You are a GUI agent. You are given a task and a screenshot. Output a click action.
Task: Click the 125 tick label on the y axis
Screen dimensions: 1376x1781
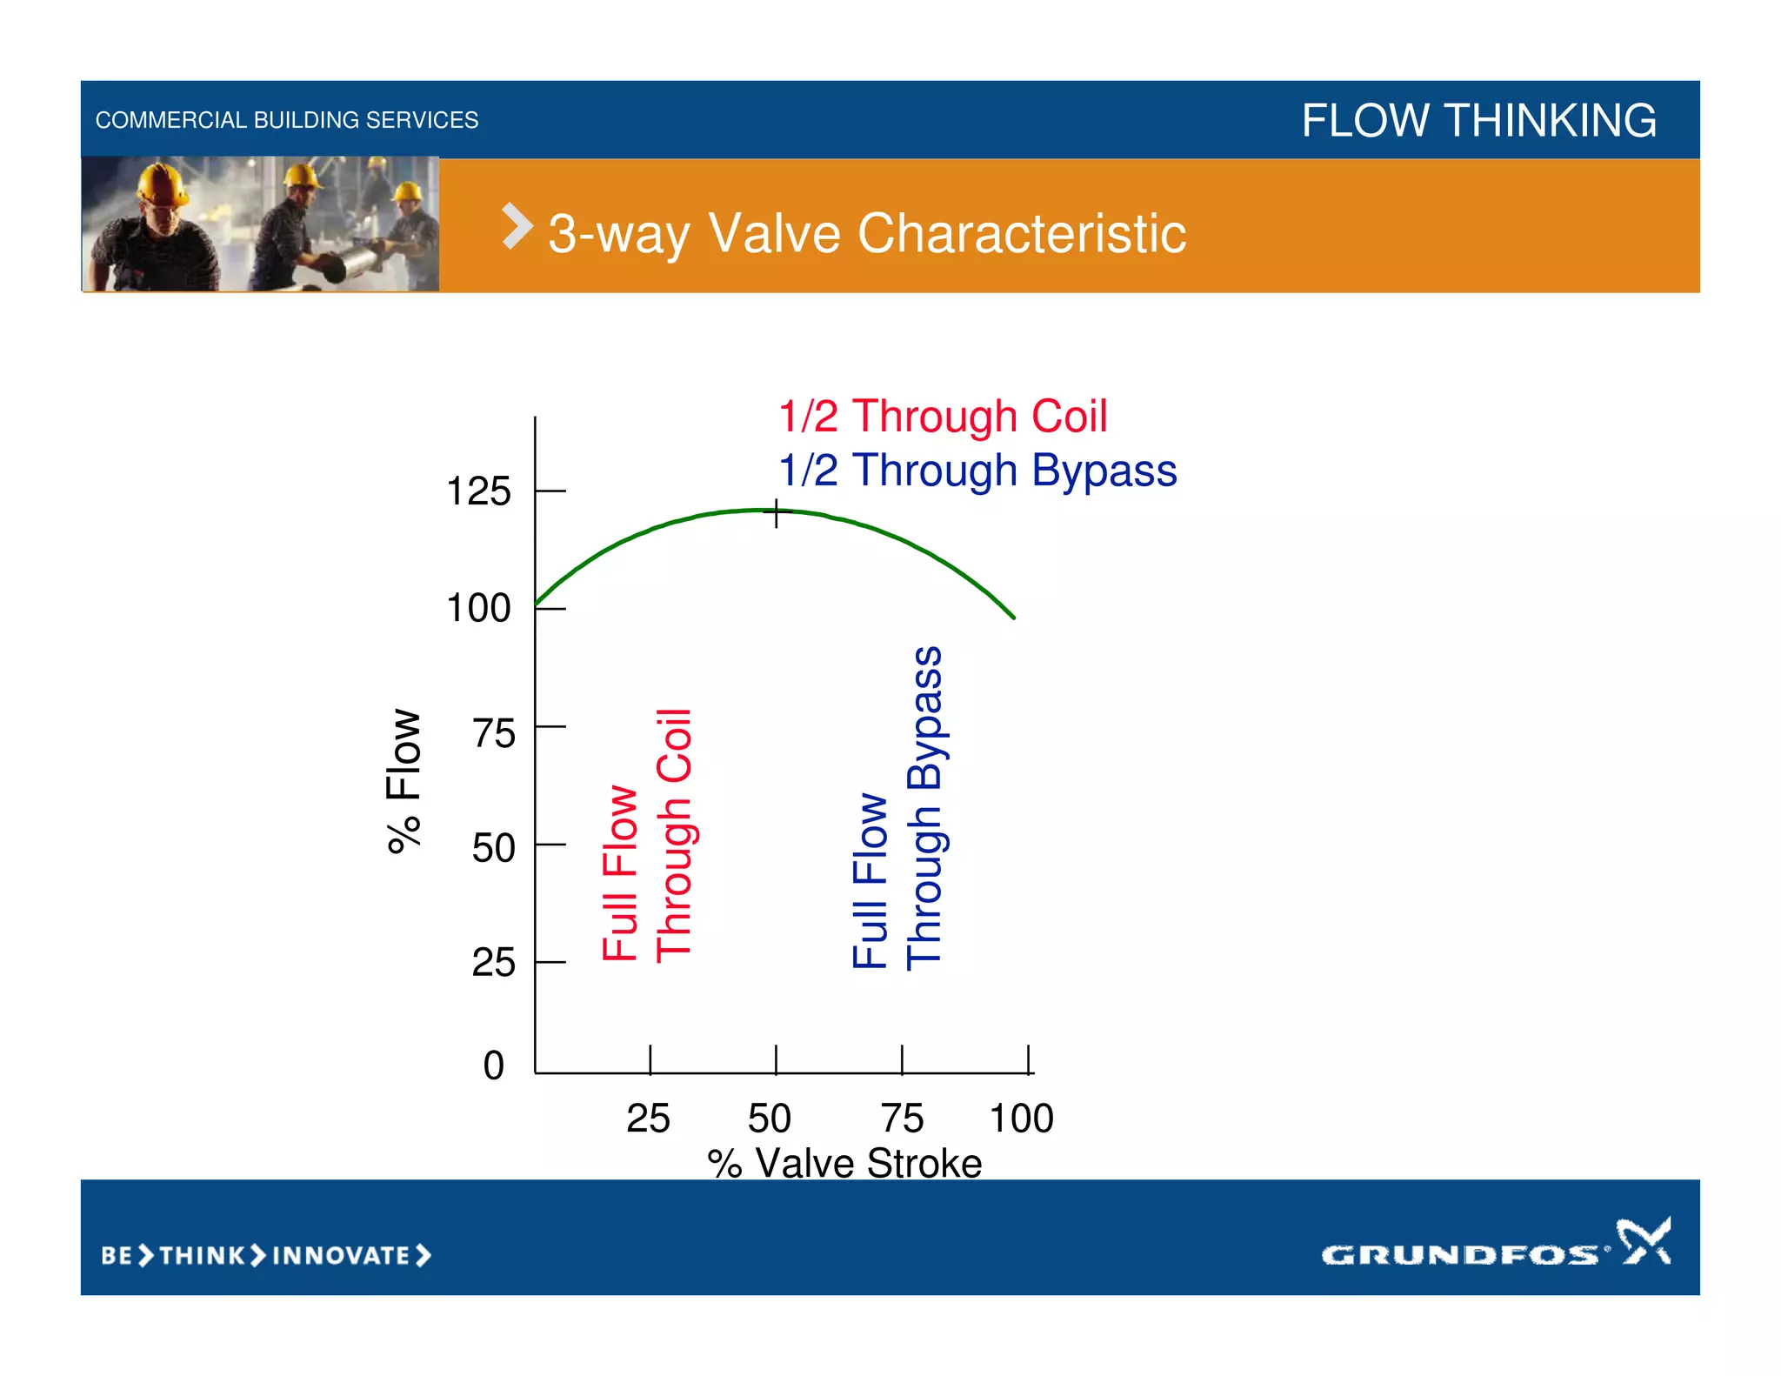(x=478, y=492)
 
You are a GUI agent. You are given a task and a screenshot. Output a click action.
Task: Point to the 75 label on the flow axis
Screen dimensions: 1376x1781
(x=493, y=734)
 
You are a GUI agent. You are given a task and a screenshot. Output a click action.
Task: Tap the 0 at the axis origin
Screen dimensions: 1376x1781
(x=493, y=1065)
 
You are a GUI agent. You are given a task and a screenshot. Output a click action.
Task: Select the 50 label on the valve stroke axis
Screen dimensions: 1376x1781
(x=770, y=1119)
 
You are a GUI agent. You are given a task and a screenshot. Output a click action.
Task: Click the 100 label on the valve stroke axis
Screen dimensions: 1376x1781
(x=1021, y=1119)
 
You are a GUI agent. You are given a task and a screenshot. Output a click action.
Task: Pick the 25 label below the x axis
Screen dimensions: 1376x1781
(x=648, y=1119)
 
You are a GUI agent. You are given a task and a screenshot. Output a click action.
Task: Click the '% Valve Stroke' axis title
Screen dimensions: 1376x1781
(x=844, y=1164)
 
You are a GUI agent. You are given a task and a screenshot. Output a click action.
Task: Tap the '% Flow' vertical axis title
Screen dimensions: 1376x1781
(x=404, y=780)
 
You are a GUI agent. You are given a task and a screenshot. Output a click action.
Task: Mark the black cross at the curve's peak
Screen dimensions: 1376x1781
(x=777, y=514)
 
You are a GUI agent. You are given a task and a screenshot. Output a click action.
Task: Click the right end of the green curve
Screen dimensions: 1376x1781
(x=1013, y=617)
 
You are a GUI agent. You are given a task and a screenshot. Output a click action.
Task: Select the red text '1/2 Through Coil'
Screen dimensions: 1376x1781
(x=943, y=417)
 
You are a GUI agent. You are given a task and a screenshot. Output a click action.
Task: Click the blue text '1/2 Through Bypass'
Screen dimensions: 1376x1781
(x=977, y=471)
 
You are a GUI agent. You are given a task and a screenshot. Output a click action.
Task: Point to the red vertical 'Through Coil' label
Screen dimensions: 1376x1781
(x=674, y=835)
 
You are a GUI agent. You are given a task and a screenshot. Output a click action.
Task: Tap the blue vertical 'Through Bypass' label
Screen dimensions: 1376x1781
(x=924, y=809)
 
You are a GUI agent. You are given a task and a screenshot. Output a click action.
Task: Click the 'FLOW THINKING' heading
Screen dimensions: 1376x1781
(x=1478, y=120)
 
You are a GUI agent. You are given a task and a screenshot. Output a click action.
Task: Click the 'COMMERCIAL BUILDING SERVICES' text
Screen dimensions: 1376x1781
(x=287, y=120)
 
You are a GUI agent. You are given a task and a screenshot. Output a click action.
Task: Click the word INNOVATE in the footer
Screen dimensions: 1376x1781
(x=341, y=1256)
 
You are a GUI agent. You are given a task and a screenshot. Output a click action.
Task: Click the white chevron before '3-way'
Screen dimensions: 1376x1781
(x=517, y=227)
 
